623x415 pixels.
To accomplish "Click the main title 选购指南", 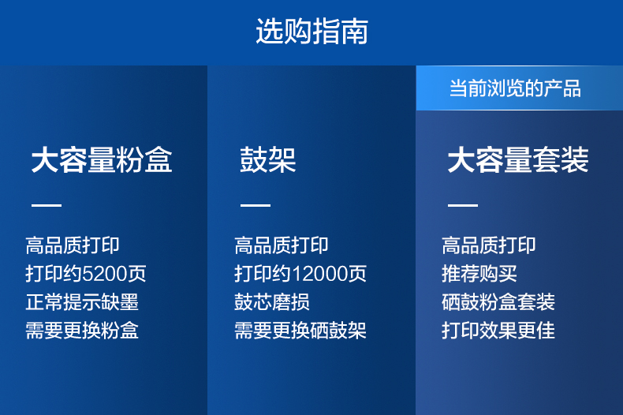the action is (312, 31).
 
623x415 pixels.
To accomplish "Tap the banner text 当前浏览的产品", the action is (515, 88).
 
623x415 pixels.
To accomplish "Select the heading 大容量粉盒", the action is (102, 160).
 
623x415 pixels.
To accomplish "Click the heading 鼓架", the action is (268, 160).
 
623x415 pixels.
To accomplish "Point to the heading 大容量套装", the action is (518, 160).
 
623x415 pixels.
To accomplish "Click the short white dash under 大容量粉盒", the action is (47, 205).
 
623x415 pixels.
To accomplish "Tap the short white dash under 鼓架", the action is (255, 205).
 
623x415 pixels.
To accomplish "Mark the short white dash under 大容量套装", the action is (463, 205).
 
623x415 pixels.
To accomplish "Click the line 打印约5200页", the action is (86, 274).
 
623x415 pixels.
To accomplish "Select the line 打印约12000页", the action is (300, 274).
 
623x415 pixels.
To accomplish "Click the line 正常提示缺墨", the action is (82, 302).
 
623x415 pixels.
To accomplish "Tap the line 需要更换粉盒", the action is (82, 331).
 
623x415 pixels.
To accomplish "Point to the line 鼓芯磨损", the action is (272, 302).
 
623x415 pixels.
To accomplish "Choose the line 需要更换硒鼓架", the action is (300, 331).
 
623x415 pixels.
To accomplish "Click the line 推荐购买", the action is (479, 274).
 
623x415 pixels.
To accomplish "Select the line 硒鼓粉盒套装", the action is (498, 302).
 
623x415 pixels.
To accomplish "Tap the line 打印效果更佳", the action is (498, 331).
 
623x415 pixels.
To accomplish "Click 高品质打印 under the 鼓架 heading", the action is (282, 245).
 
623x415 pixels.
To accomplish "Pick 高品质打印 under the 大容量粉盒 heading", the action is (73, 245).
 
